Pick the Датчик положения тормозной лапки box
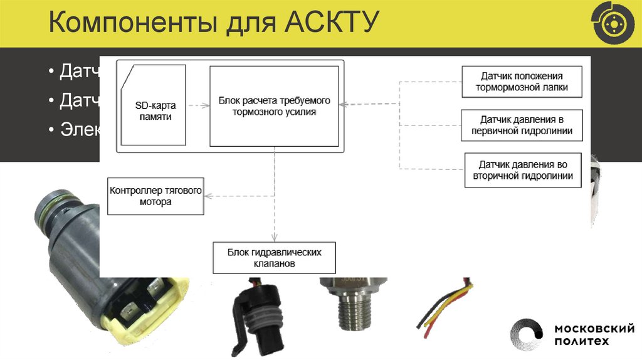point(522,82)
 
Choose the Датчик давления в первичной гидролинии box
point(522,125)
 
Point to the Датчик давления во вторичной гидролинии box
point(522,170)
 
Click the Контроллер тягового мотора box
point(156,196)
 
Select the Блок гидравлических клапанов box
point(274,258)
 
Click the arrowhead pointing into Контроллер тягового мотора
point(209,196)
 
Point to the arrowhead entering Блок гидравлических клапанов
point(275,238)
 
